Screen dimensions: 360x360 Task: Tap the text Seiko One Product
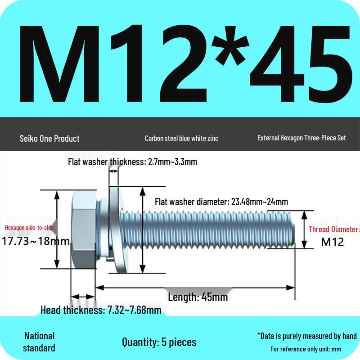coord(49,138)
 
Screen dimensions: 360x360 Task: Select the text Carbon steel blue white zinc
coord(181,138)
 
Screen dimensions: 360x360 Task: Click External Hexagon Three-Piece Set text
coord(301,138)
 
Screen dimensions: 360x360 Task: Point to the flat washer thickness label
coord(132,162)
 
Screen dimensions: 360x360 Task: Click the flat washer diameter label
coord(221,202)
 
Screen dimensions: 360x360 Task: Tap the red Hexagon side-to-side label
coord(30,227)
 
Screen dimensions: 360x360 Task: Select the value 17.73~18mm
coord(36,241)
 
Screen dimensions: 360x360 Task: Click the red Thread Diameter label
coord(334,229)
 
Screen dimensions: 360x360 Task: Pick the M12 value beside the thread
coord(333,242)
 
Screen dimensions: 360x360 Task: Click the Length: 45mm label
coord(198,297)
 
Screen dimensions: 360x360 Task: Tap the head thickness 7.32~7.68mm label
coord(101,310)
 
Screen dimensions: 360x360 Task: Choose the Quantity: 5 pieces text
coord(159,342)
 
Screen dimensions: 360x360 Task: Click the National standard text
coord(39,342)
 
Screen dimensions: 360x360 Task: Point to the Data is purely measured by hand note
coord(307,336)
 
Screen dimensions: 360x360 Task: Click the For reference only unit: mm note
coord(306,349)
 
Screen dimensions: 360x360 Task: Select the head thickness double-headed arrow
coord(83,297)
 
